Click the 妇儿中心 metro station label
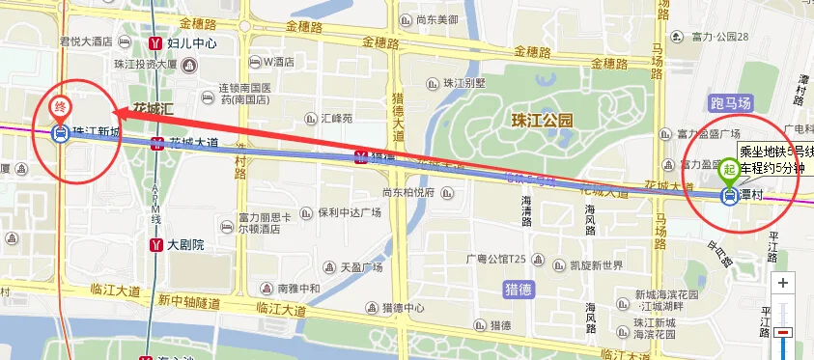pyautogui.click(x=191, y=43)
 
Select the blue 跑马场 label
pyautogui.click(x=730, y=102)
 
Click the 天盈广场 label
pyautogui.click(x=362, y=266)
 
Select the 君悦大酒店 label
pyautogui.click(x=88, y=42)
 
